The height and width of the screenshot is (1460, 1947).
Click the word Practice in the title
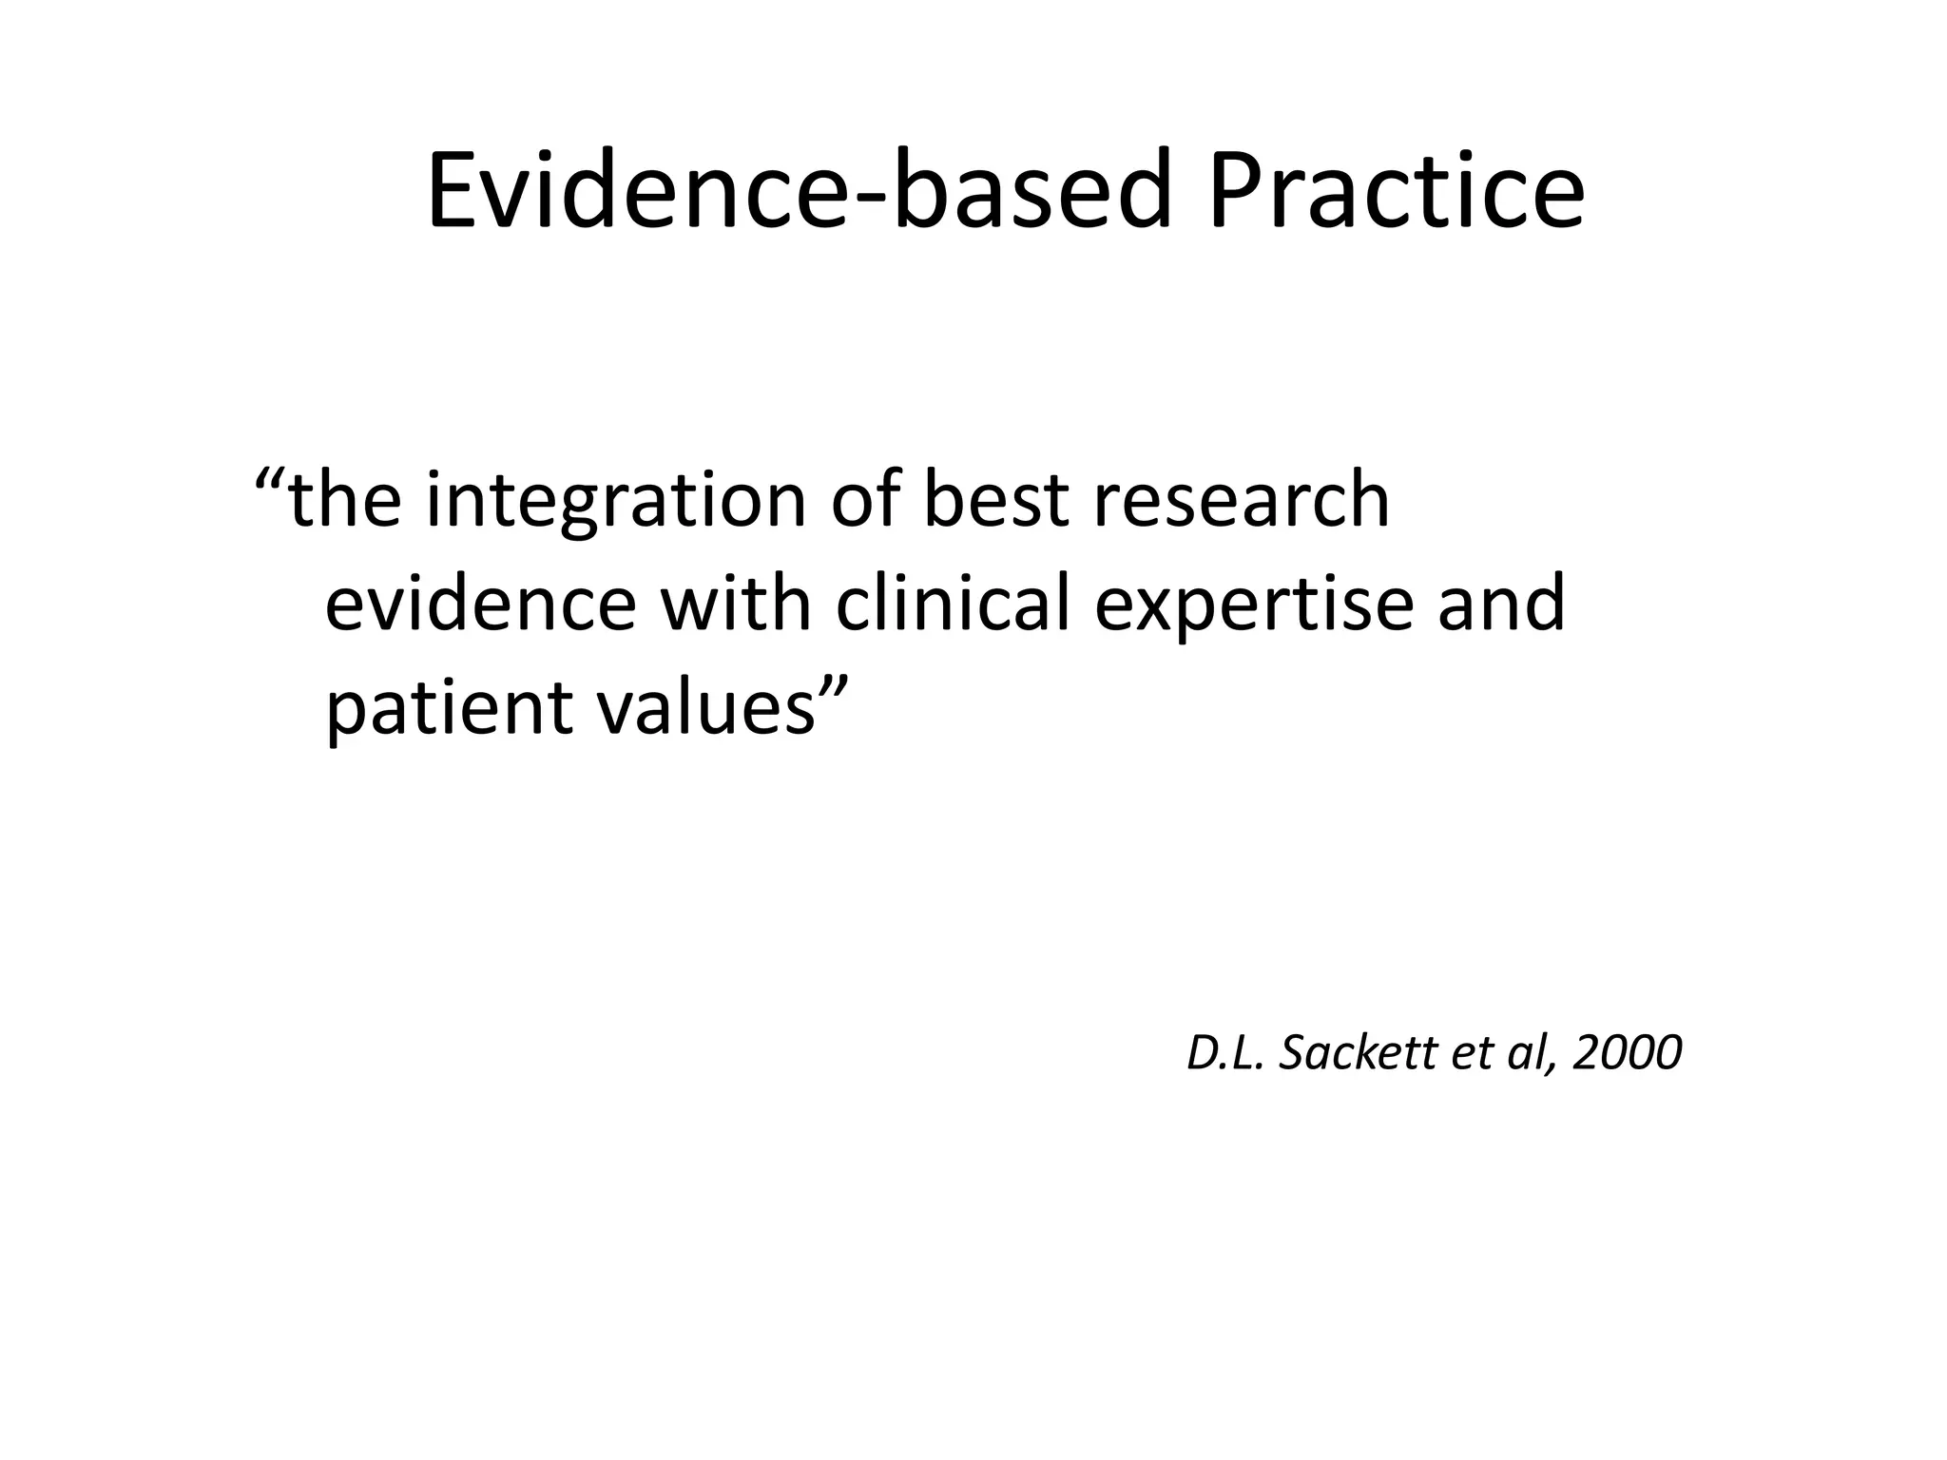pyautogui.click(x=1397, y=192)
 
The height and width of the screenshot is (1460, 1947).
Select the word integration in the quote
pyautogui.click(x=616, y=501)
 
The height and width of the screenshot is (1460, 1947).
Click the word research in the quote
pyautogui.click(x=1241, y=501)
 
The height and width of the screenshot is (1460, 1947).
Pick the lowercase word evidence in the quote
pyautogui.click(x=480, y=605)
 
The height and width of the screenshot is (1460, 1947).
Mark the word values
pyautogui.click(x=705, y=709)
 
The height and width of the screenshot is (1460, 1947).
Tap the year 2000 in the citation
pyautogui.click(x=1627, y=1053)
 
